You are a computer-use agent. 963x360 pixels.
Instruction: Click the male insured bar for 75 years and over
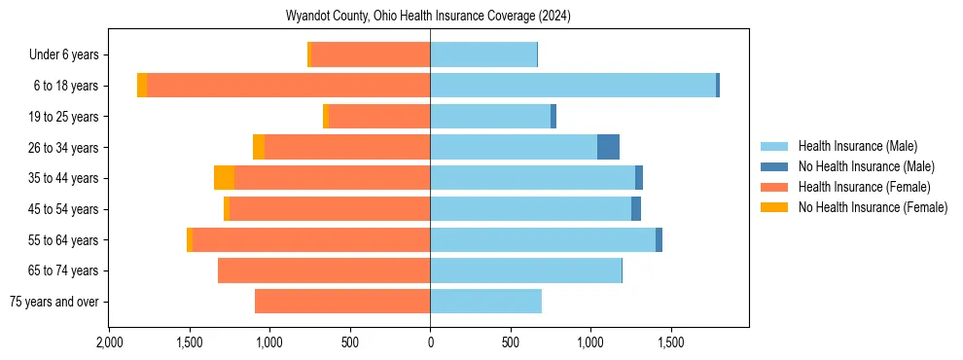pos(485,302)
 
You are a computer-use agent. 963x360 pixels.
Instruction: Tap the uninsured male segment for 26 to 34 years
pos(608,147)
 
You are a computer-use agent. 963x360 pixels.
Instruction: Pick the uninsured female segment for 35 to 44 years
pos(224,178)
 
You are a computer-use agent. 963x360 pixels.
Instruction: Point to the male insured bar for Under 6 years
pos(483,54)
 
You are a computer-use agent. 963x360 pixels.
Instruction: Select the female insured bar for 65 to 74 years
pos(324,270)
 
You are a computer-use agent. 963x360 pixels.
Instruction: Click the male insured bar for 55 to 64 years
pos(543,239)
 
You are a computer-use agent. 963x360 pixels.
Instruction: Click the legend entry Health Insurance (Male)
pos(857,146)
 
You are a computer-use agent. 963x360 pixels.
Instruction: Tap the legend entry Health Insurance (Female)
pos(864,187)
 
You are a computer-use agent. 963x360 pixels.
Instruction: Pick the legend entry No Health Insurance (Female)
pos(873,207)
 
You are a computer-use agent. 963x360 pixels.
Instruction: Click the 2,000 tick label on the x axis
pos(109,343)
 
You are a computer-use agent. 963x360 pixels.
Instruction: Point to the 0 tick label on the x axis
pos(430,343)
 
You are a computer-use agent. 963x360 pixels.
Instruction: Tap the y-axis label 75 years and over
pos(54,302)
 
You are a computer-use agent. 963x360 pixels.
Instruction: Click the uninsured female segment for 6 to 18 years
pos(142,86)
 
